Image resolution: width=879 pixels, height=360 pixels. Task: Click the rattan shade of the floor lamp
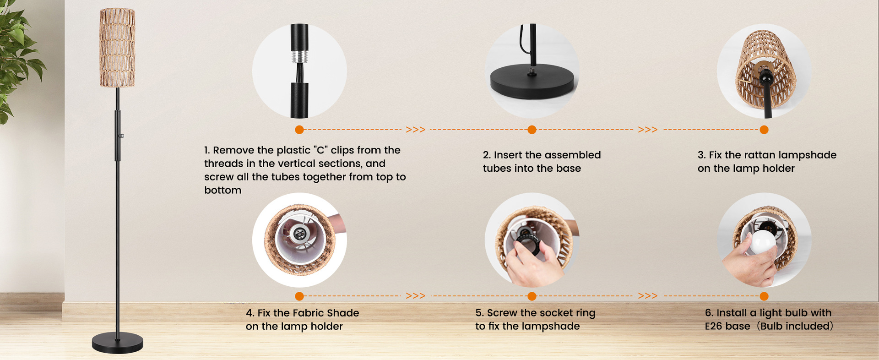click(117, 48)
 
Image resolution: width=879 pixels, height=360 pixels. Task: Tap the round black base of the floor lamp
click(118, 344)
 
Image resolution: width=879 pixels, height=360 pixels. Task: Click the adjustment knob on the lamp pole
click(122, 136)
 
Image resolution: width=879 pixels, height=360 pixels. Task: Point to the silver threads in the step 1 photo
click(299, 57)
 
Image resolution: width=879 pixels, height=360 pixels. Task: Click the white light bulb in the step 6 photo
click(761, 242)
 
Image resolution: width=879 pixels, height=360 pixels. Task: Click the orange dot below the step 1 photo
click(299, 130)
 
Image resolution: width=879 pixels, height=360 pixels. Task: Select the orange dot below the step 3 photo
click(764, 130)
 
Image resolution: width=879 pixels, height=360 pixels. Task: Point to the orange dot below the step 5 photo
click(532, 296)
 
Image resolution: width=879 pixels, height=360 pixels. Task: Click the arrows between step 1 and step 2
click(415, 130)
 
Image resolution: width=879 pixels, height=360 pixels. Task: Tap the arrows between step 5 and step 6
click(647, 296)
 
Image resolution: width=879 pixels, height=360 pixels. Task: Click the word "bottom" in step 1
click(222, 190)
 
